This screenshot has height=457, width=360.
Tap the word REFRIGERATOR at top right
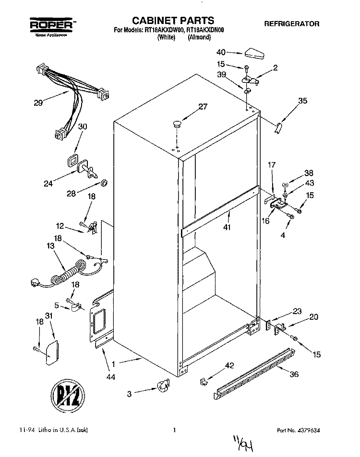(291, 23)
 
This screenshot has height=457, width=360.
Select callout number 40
(220, 52)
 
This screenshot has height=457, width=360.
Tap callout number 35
(302, 101)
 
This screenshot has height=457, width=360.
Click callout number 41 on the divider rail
(227, 227)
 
